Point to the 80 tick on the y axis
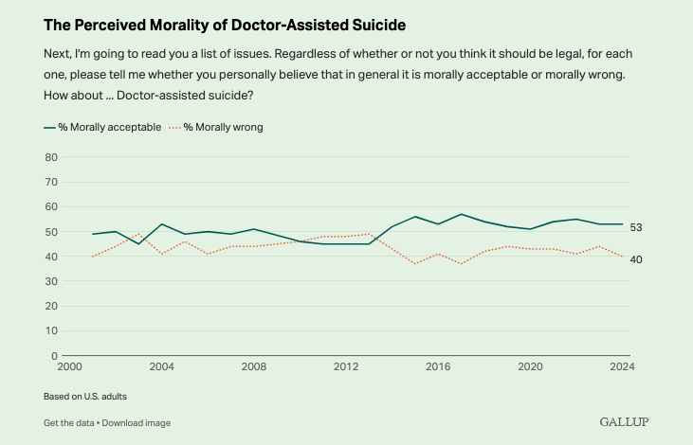coord(52,156)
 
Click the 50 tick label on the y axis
coord(52,231)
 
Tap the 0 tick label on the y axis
coord(55,356)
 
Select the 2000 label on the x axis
coord(69,366)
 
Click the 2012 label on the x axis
coord(345,366)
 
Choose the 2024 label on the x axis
coord(622,366)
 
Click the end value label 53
coord(636,227)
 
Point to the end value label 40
coord(636,259)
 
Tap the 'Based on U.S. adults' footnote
coord(85,396)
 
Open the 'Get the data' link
coord(70,422)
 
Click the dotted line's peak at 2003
coord(138,234)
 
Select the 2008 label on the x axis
coord(253,366)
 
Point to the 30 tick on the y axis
coord(52,281)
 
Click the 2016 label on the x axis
coord(437,366)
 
